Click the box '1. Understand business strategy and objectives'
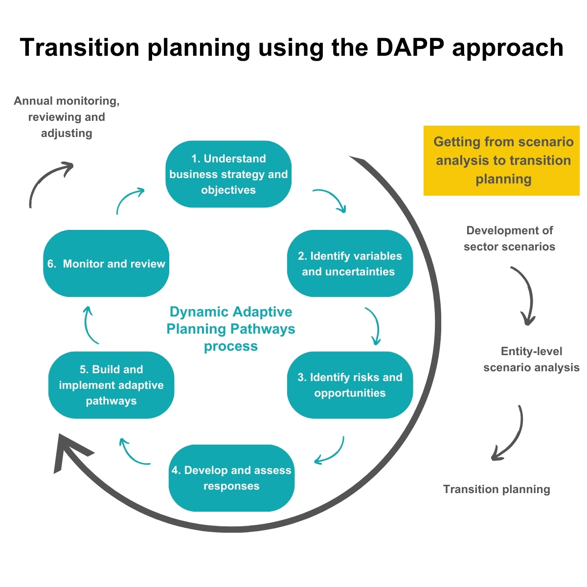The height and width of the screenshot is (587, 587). click(228, 174)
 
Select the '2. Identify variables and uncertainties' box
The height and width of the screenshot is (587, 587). click(350, 263)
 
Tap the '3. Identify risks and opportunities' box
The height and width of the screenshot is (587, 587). click(350, 385)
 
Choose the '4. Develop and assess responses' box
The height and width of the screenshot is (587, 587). click(231, 478)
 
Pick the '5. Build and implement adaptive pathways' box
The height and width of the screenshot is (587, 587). click(111, 385)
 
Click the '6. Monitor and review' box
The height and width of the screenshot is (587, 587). click(106, 263)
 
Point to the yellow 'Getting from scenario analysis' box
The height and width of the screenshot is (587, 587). click(501, 160)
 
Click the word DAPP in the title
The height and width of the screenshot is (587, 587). click(410, 47)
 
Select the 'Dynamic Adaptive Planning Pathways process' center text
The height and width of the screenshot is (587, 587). click(231, 329)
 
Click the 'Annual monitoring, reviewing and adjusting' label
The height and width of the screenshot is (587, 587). click(67, 117)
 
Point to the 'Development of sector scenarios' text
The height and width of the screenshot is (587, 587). click(509, 238)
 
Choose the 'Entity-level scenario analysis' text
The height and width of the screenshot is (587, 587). click(531, 359)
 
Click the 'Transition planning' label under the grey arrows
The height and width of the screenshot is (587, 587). click(497, 489)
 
